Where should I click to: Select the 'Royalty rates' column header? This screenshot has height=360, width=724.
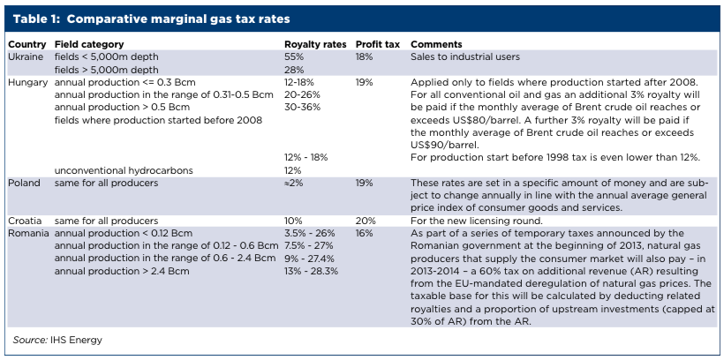click(313, 44)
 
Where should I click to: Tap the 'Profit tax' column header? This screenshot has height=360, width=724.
click(377, 44)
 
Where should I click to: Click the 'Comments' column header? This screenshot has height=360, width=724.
click(436, 44)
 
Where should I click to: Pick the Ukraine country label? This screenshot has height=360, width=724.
click(26, 56)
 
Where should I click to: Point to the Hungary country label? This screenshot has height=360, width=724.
click(28, 81)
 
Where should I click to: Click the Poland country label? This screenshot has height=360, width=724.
click(25, 183)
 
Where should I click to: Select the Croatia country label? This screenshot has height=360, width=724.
click(26, 221)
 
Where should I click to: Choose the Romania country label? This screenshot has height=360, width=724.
click(28, 233)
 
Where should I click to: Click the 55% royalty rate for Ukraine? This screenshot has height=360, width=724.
click(294, 56)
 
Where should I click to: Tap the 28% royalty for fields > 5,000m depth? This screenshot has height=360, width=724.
click(294, 68)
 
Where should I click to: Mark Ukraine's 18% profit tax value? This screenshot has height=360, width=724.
click(365, 56)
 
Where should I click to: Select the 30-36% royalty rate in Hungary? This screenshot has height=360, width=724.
click(301, 106)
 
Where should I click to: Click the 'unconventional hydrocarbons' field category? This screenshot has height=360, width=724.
click(124, 170)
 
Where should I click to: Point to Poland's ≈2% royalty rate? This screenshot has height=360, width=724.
click(294, 183)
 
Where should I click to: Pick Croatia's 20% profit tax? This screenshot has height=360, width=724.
click(366, 221)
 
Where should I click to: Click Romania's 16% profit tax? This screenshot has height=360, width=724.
click(365, 233)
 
